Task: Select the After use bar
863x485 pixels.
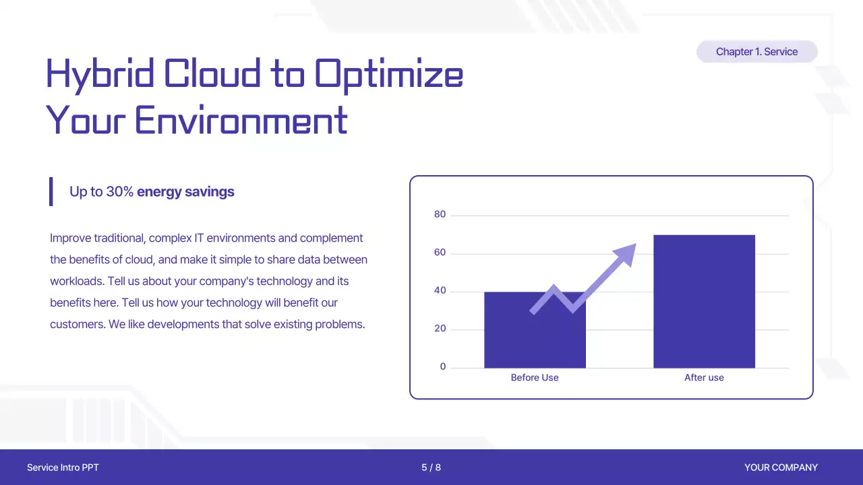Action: click(x=705, y=301)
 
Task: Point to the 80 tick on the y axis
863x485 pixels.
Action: click(x=440, y=214)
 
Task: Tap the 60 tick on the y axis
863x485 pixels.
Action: click(x=440, y=252)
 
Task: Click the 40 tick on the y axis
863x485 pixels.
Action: click(x=440, y=290)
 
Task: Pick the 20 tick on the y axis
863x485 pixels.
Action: click(x=440, y=328)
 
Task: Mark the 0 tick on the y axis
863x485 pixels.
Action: click(x=443, y=366)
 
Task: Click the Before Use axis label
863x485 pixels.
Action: click(x=535, y=378)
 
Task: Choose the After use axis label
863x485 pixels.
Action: click(x=705, y=378)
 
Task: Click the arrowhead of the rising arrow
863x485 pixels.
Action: click(x=626, y=254)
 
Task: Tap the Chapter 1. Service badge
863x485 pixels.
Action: click(x=757, y=52)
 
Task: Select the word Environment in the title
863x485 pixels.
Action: click(x=241, y=120)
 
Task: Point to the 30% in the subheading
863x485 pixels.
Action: click(x=120, y=192)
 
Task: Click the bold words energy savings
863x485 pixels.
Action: click(x=185, y=192)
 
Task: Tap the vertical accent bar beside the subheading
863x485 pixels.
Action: click(x=51, y=192)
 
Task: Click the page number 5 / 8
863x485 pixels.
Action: click(x=431, y=467)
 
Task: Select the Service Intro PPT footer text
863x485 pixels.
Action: click(x=63, y=467)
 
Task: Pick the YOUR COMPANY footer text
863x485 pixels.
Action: click(x=781, y=467)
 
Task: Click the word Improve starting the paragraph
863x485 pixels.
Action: click(x=71, y=238)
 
